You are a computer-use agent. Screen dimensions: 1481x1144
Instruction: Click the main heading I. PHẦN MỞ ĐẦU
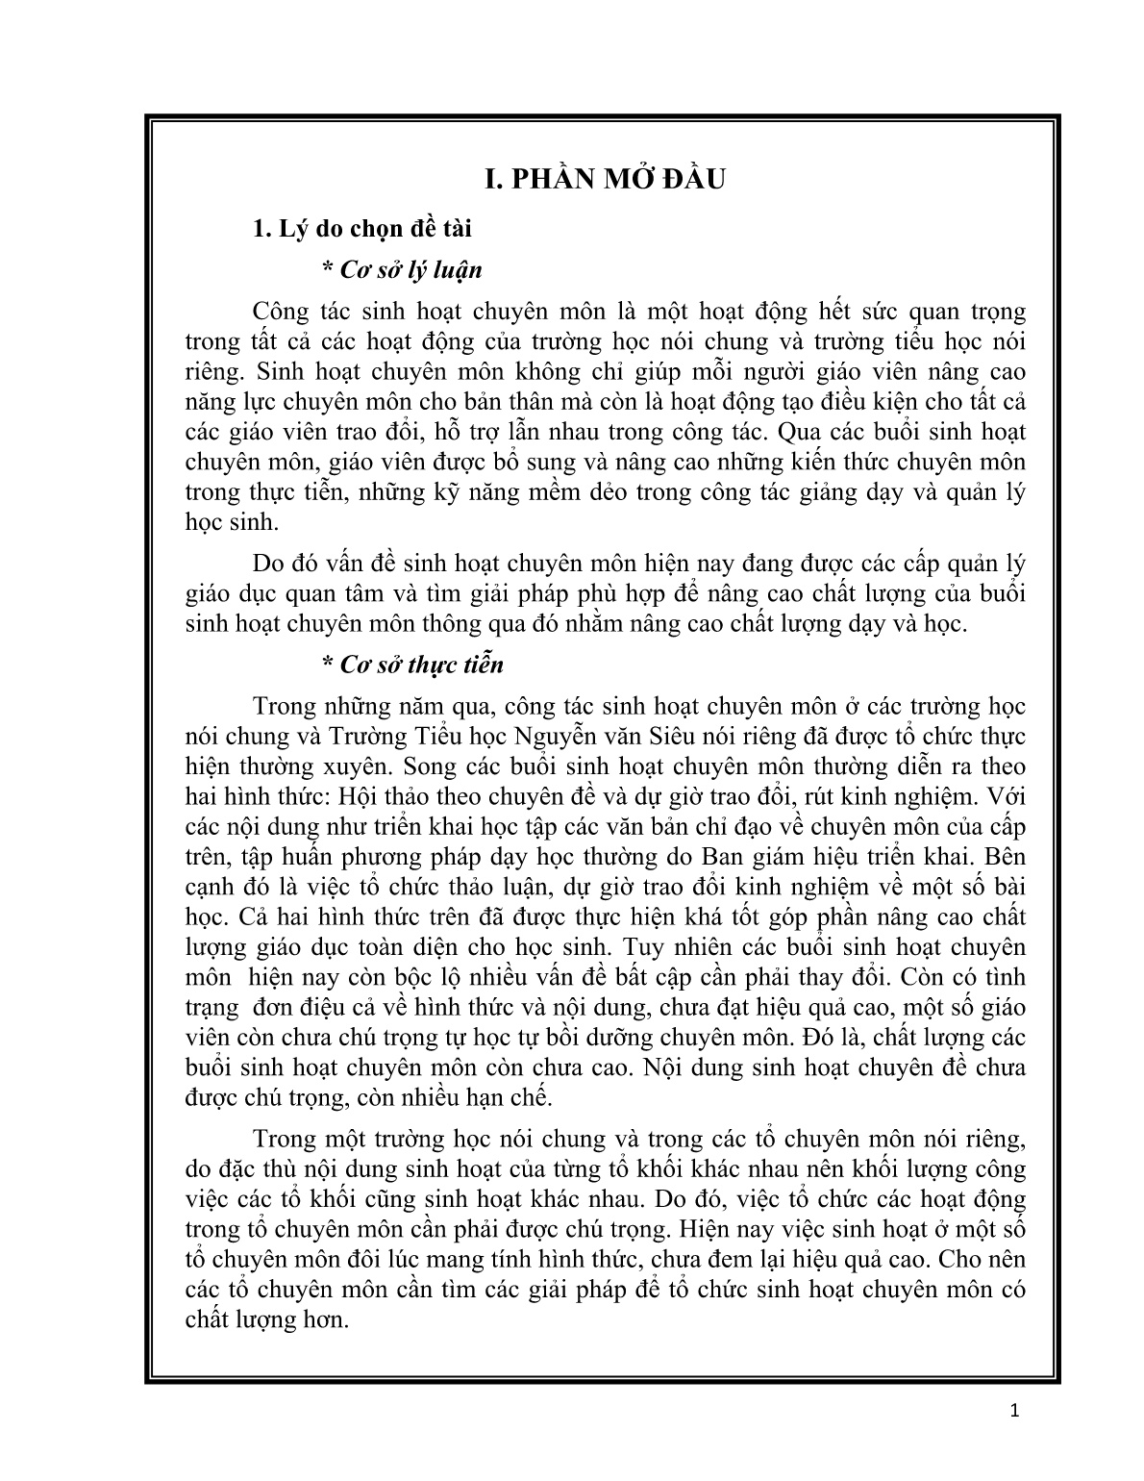[x=604, y=180]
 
